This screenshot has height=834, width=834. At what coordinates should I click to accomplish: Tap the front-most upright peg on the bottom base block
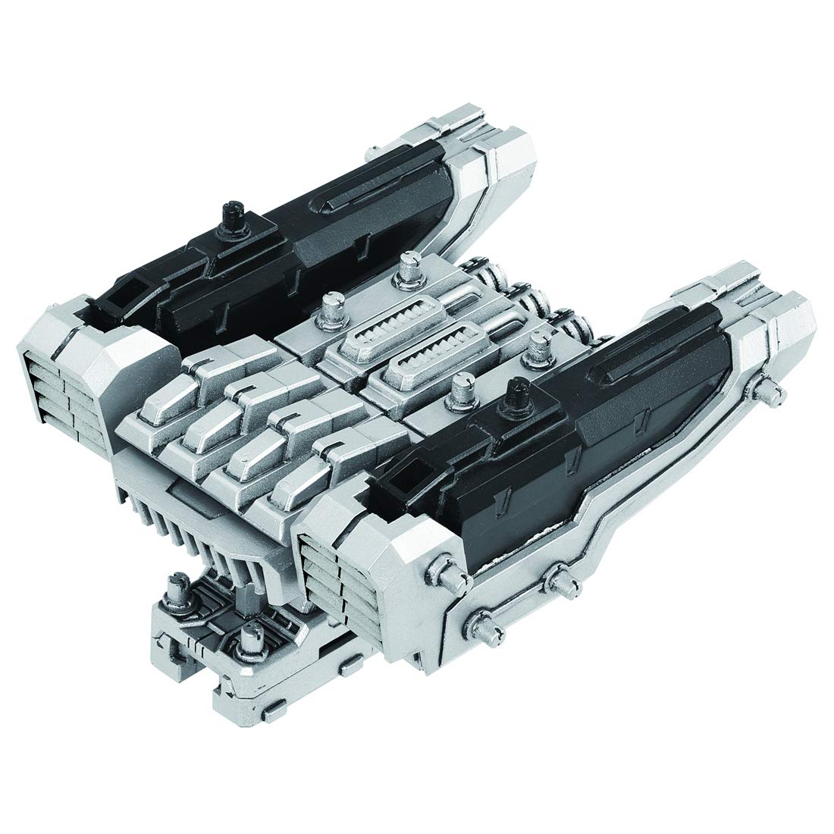coord(248,635)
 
